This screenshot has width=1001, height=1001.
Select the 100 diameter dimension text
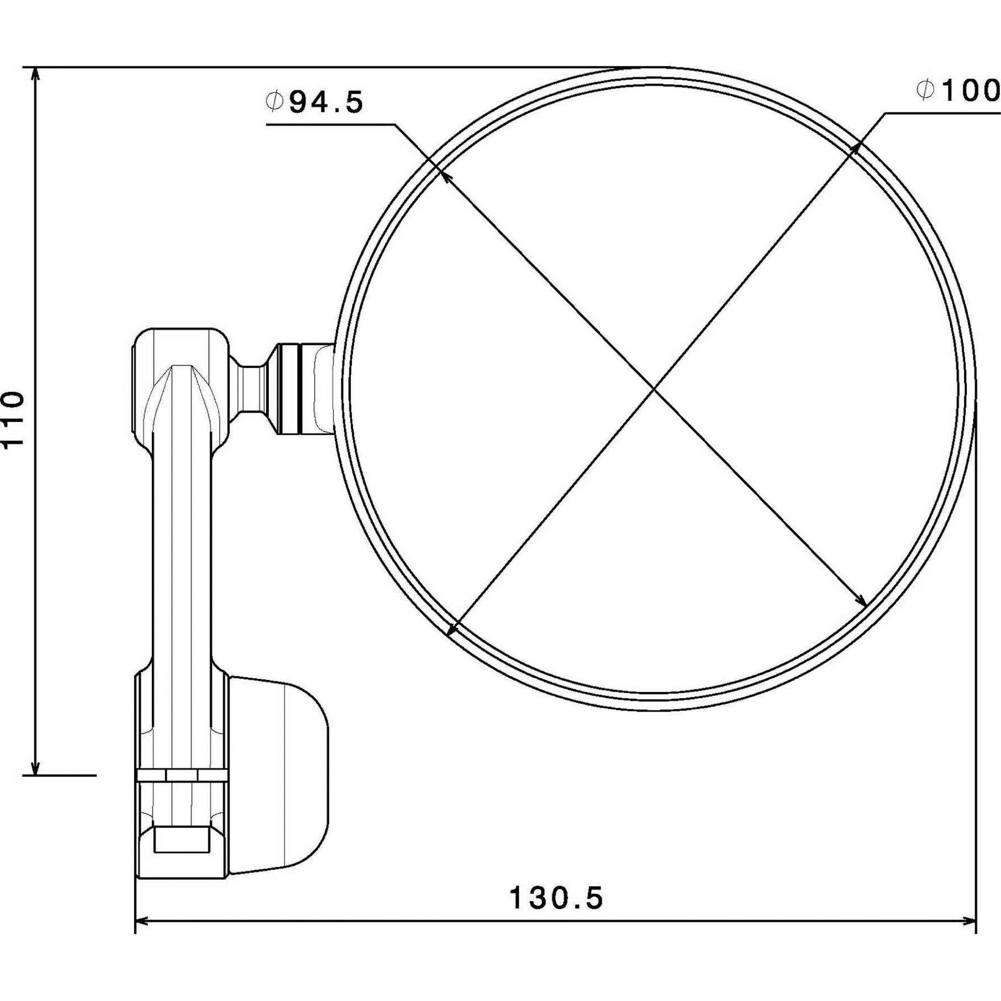[971, 90]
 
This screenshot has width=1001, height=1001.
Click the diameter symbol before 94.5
[275, 102]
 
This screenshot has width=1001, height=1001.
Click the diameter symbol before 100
[925, 90]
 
